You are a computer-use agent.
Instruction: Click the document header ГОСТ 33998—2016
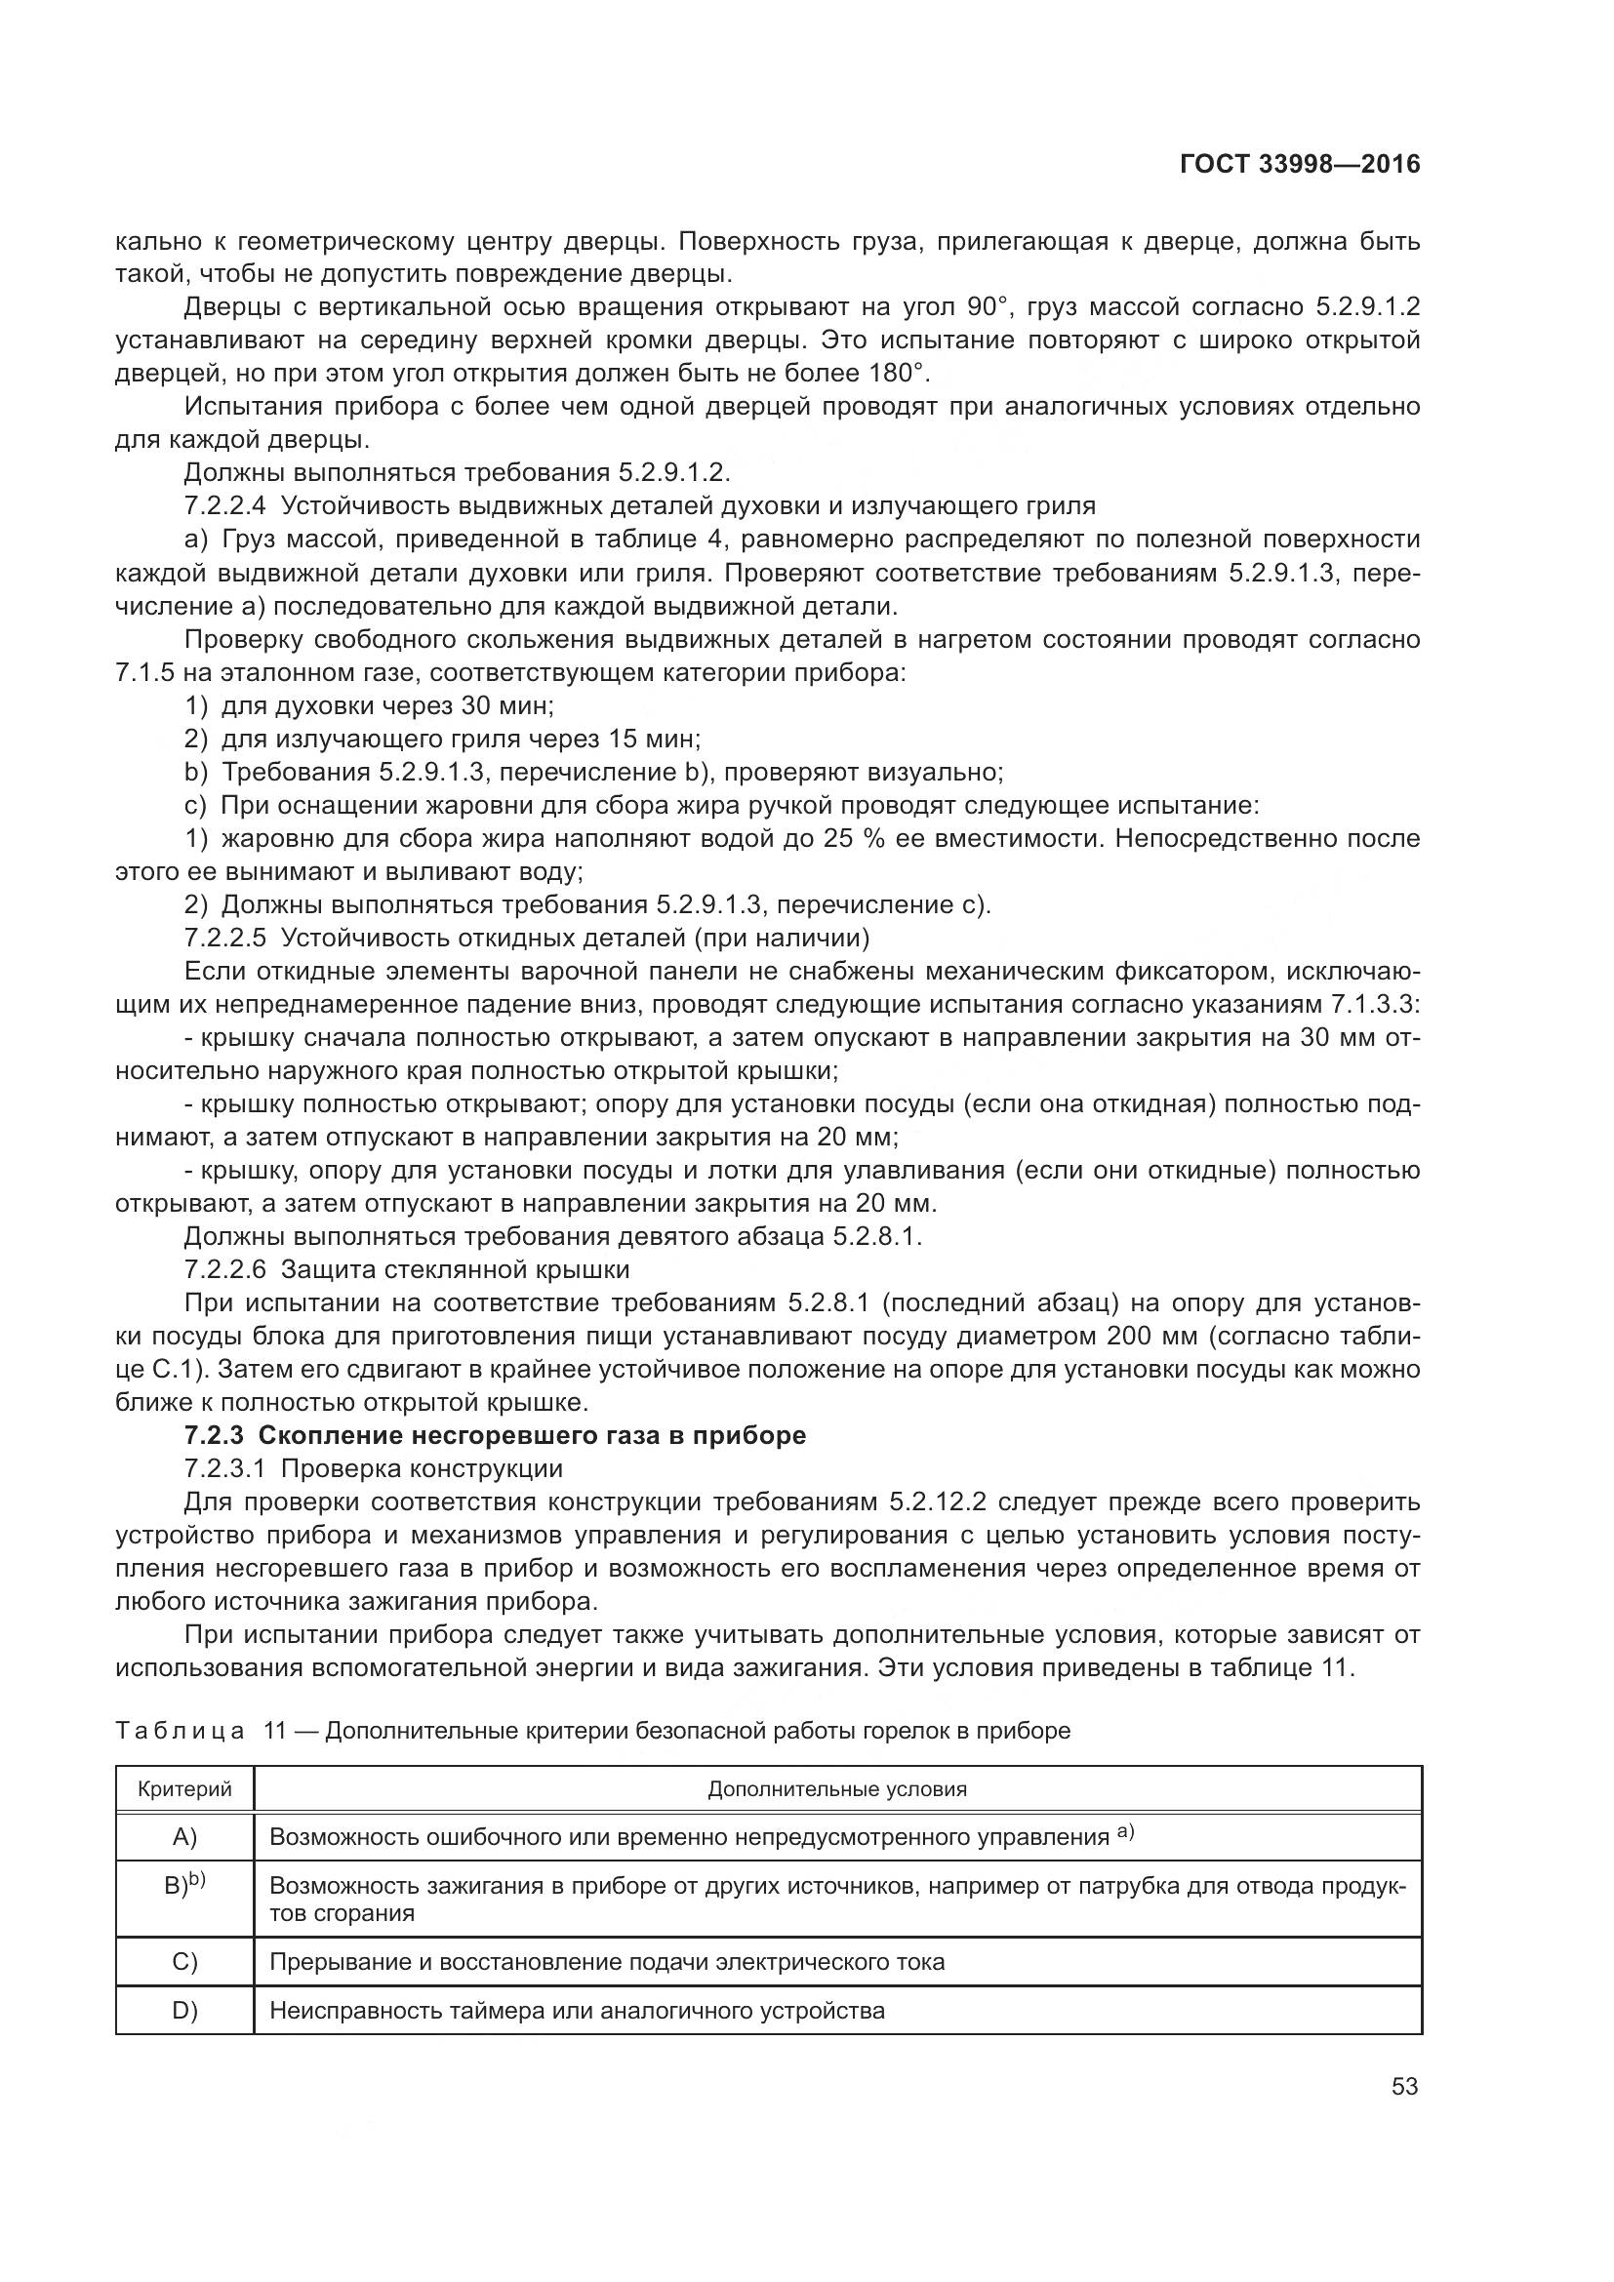[1300, 164]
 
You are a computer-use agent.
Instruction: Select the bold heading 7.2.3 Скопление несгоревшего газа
[495, 1435]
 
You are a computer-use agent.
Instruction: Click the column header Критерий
[184, 1789]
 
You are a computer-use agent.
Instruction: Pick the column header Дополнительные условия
[837, 1789]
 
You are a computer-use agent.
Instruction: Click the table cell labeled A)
[184, 1837]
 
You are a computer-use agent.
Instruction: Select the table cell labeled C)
[184, 1962]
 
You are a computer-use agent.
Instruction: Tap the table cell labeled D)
[184, 2011]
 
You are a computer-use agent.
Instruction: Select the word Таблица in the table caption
[180, 1731]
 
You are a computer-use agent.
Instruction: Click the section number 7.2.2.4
[225, 506]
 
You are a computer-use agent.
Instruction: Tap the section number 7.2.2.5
[225, 938]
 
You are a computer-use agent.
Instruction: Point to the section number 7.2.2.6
[225, 1269]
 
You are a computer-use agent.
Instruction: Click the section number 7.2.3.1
[225, 1468]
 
